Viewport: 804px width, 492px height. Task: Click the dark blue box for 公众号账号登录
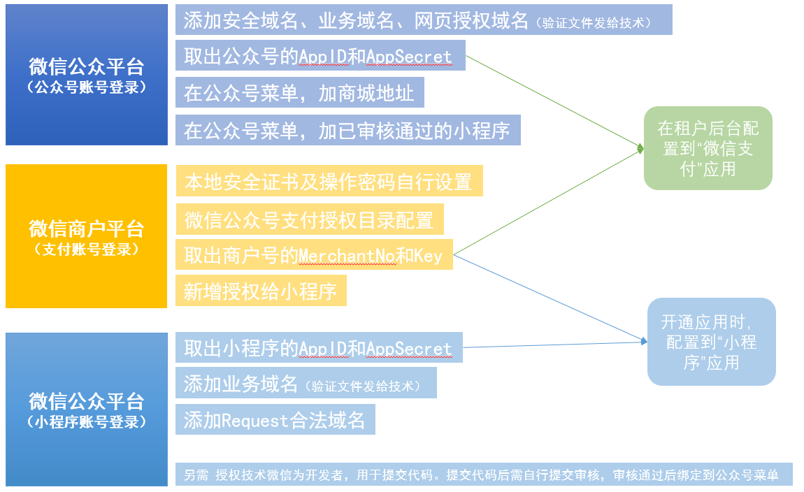87,75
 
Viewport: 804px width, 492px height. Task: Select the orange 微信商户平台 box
87,236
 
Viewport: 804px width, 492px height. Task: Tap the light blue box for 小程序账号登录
87,409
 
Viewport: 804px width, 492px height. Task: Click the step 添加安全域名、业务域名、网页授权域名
423,20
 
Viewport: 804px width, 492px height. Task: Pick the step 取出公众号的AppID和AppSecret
320,57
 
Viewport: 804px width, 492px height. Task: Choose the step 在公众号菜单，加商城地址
300,93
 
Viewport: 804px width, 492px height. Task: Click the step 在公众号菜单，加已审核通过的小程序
347,130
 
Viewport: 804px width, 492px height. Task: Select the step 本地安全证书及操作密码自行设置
329,182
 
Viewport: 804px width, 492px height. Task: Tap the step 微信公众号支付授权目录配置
310,219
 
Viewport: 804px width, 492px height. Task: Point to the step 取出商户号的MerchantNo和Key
314,256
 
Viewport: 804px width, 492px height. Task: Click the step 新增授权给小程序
261,291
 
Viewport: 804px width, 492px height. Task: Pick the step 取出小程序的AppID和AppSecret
319,348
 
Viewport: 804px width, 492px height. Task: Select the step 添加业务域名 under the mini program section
306,384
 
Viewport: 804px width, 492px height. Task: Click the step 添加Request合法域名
275,420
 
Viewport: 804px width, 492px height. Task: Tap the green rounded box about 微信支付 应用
708,148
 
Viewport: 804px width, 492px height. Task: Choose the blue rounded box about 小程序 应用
711,342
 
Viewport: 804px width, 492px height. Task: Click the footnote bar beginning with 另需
483,475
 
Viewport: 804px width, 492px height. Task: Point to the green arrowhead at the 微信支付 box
640,148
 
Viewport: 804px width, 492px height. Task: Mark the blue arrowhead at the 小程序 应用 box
643,341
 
